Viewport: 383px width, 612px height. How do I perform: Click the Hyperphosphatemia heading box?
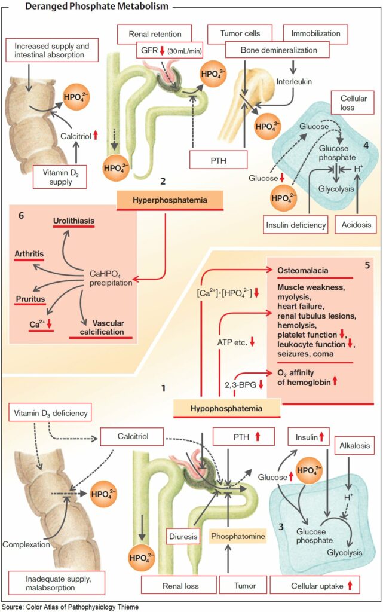tap(170, 200)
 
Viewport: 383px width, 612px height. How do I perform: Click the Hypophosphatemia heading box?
tap(226, 408)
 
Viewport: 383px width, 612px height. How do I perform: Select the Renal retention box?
tap(155, 34)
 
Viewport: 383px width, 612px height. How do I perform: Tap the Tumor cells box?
tap(240, 33)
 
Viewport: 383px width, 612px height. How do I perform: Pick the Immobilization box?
tap(315, 33)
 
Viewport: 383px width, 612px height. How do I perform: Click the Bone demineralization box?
tap(278, 50)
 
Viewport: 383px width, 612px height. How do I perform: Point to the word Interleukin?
tap(294, 81)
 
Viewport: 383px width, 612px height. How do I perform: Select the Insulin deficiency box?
tap(296, 225)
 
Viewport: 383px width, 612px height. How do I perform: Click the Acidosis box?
tap(356, 225)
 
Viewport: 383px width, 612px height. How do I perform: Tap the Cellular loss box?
tap(354, 103)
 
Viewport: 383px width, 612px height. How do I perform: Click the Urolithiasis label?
tap(73, 221)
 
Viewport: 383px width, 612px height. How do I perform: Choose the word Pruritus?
tap(30, 299)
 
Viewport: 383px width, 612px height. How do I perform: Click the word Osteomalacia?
tap(303, 270)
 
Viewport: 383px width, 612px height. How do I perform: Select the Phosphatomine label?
tap(238, 536)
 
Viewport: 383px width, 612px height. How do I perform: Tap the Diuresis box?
tap(183, 537)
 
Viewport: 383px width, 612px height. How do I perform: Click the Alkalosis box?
tap(354, 445)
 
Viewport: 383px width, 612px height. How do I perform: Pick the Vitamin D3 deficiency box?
tap(50, 413)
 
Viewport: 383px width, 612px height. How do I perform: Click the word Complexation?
tap(26, 544)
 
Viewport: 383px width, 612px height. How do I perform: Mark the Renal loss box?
tap(180, 586)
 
